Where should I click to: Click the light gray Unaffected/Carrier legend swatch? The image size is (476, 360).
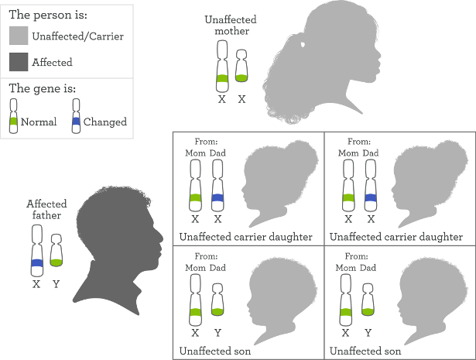(x=19, y=36)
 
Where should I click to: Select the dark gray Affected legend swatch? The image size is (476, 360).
(x=19, y=62)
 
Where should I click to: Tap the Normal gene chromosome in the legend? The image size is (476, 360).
(x=13, y=116)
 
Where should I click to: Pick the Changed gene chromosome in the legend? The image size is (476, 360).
(x=76, y=116)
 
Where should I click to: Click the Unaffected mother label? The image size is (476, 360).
(x=231, y=26)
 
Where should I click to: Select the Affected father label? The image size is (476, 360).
(x=46, y=210)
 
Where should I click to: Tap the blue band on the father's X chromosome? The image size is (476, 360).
(x=37, y=263)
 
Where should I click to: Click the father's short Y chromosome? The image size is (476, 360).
(x=57, y=250)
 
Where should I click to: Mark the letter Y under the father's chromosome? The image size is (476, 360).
(x=57, y=284)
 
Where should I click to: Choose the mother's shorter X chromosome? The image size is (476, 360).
(x=241, y=66)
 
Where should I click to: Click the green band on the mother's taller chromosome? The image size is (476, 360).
(x=222, y=78)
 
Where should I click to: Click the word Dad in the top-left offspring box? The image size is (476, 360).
(x=217, y=153)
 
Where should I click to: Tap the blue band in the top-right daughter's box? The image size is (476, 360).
(x=371, y=198)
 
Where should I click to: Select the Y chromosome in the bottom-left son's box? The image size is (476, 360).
(x=217, y=300)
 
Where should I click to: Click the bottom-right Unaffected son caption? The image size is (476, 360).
(x=365, y=351)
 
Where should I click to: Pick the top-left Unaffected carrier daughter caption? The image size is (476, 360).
(x=245, y=237)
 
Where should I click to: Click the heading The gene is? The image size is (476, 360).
(x=43, y=88)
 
